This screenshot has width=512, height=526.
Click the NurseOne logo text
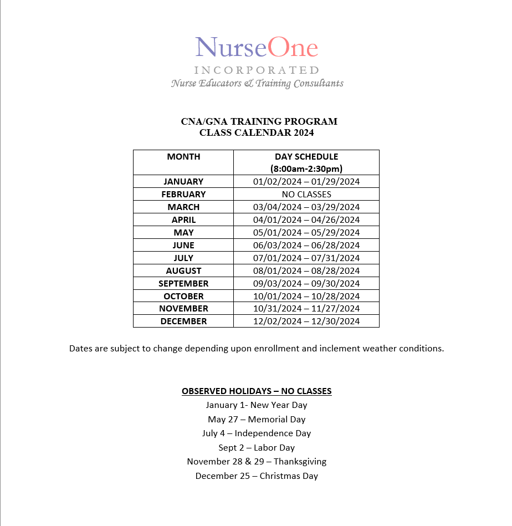[x=257, y=48]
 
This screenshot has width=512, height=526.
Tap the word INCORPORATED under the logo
[x=257, y=70]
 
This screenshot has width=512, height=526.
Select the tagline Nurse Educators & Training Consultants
[x=257, y=84]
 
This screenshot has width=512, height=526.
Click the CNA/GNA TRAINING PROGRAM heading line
[x=259, y=121]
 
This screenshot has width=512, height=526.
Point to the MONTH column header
[x=183, y=157]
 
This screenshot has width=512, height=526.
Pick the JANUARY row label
[x=183, y=182]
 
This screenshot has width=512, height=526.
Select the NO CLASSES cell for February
[x=306, y=195]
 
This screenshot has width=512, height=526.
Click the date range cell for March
[x=306, y=207]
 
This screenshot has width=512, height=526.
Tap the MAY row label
[x=183, y=233]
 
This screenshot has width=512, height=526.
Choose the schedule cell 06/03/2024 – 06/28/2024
[x=306, y=246]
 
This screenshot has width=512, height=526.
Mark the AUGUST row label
[x=183, y=271]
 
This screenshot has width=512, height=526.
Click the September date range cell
[x=306, y=284]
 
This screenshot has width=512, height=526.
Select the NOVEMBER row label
[x=183, y=309]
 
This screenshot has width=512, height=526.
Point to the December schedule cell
[x=306, y=321]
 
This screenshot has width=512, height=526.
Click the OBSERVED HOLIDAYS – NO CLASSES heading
[x=257, y=391]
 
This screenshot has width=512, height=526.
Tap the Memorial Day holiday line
[x=257, y=420]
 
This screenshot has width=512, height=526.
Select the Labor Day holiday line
[x=257, y=448]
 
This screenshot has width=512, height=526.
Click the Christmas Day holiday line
[x=257, y=476]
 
